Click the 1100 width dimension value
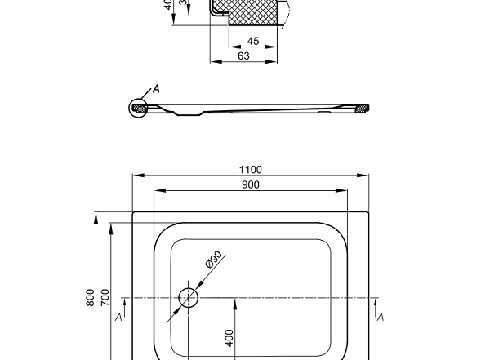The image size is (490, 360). pyautogui.click(x=251, y=169)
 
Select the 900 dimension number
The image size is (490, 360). pyautogui.click(x=251, y=184)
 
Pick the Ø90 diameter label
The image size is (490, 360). pyautogui.click(x=213, y=260)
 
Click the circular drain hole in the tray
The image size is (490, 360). pyautogui.click(x=189, y=297)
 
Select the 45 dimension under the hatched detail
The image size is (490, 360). pyautogui.click(x=252, y=41)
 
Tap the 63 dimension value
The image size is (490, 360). pyautogui.click(x=243, y=56)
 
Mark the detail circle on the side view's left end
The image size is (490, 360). pyautogui.click(x=139, y=108)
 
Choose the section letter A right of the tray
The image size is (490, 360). pyautogui.click(x=380, y=316)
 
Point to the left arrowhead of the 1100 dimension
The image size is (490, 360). pyautogui.click(x=137, y=176)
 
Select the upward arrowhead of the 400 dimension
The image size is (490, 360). pyautogui.click(x=235, y=301)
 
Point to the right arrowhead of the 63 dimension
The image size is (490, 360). pyautogui.click(x=273, y=61)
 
